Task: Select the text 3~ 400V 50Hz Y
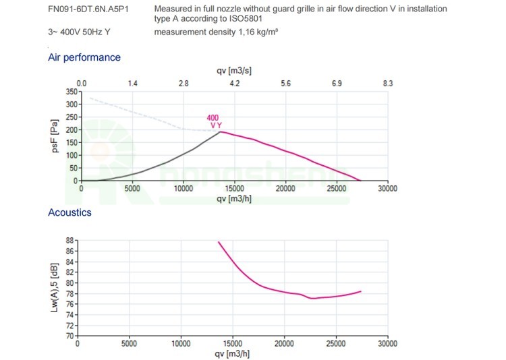tap(76, 32)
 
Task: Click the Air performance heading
tap(84, 57)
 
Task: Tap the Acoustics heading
tap(69, 212)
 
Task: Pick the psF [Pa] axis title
tap(57, 136)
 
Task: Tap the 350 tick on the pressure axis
tap(70, 91)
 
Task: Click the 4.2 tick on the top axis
tap(235, 83)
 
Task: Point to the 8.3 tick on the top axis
tap(387, 83)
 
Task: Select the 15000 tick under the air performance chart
tap(234, 189)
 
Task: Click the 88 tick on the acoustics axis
tap(68, 241)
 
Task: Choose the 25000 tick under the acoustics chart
tap(335, 343)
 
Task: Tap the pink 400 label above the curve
tap(213, 118)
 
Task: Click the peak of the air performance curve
tap(221, 131)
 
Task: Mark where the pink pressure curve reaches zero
tap(361, 181)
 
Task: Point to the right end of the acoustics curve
tap(361, 291)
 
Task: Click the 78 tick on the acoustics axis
tap(68, 293)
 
